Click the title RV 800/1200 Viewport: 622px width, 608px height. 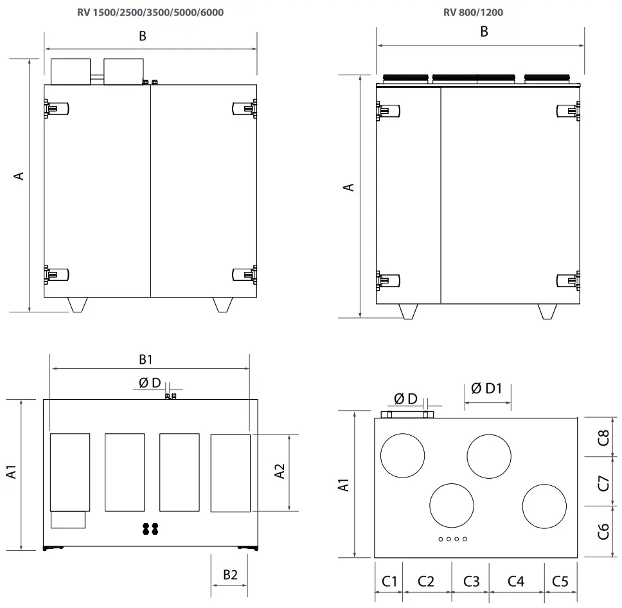(x=477, y=12)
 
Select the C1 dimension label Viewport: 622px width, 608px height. (x=390, y=581)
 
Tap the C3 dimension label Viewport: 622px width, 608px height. (x=471, y=581)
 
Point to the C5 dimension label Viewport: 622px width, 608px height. (x=560, y=581)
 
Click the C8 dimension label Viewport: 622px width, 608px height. (x=603, y=437)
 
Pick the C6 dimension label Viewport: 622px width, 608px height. (x=603, y=531)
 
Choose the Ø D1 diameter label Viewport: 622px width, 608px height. (x=486, y=388)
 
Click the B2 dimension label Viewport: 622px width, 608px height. (x=230, y=575)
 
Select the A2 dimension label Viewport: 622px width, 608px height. (x=280, y=471)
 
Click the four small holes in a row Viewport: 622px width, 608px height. (x=452, y=539)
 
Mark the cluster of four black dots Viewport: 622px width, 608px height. (x=150, y=528)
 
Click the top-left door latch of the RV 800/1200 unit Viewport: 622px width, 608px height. (x=386, y=112)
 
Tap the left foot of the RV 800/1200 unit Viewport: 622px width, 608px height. (x=409, y=311)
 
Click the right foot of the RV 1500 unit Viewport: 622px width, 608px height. (x=222, y=305)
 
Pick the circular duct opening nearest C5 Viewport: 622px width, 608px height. (x=544, y=506)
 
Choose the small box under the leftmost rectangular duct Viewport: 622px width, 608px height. (x=68, y=519)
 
